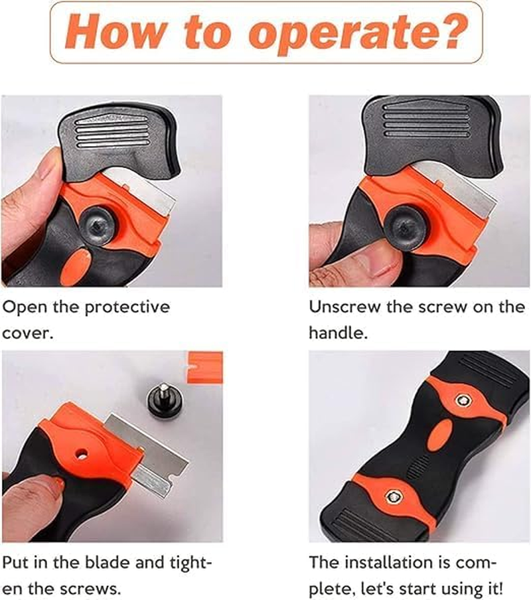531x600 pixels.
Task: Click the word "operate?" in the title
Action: (358, 33)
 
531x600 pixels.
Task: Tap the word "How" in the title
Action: (116, 31)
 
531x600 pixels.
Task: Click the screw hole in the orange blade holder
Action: (82, 454)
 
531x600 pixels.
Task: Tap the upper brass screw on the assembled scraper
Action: (463, 401)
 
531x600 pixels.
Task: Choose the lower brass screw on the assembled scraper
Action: (393, 496)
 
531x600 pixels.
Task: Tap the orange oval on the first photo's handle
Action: (76, 263)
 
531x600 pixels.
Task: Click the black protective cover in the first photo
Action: (119, 141)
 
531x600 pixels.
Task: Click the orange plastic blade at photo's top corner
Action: (204, 367)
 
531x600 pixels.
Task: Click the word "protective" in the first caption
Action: (127, 307)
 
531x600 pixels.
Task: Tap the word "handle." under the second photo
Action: (339, 333)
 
